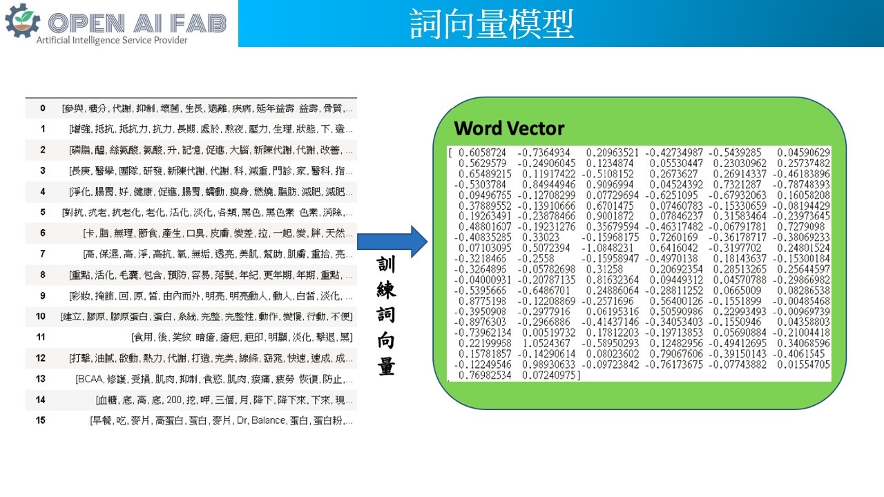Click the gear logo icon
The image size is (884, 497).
coord(22,21)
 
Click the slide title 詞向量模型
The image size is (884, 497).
coord(491,24)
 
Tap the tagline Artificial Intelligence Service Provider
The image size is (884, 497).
coord(112,40)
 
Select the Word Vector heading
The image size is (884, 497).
coord(509,128)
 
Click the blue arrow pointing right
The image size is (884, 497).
coord(384,241)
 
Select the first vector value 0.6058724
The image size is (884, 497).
coord(482,152)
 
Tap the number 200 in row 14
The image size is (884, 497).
coord(173,400)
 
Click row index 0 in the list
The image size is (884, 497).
coord(43,108)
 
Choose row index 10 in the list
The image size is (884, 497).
coord(41,316)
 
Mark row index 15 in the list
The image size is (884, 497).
coord(41,420)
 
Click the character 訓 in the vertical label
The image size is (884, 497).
coord(386,265)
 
